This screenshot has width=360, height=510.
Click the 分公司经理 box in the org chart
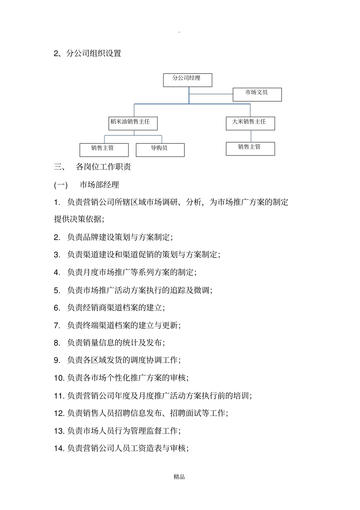(187, 80)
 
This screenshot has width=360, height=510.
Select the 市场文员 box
(257, 94)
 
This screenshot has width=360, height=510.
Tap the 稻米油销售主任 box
(133, 123)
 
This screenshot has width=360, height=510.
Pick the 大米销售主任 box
(250, 123)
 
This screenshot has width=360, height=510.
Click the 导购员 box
(160, 150)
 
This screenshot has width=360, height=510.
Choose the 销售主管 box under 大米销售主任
(250, 149)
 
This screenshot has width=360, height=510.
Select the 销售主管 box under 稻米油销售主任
(104, 150)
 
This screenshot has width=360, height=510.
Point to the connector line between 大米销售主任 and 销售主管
(250, 136)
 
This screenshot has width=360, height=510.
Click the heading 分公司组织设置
(94, 53)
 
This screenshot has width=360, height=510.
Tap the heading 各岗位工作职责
(103, 167)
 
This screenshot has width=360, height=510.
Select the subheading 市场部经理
(99, 185)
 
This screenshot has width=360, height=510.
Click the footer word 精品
(179, 477)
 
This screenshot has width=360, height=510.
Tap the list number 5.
(57, 290)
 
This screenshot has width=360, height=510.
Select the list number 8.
(57, 343)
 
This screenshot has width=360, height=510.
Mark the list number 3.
(57, 255)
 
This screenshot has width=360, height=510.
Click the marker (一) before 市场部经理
(61, 185)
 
